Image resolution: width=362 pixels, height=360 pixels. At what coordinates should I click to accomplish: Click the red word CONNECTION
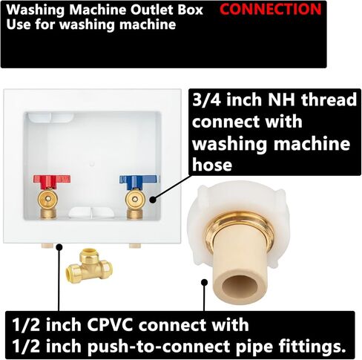click(271, 10)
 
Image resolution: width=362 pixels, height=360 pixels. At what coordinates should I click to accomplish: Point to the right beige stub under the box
click(139, 245)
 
